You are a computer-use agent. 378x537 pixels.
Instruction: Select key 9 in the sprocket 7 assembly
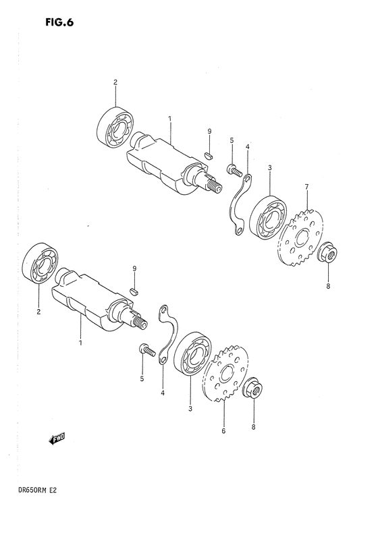[209, 154]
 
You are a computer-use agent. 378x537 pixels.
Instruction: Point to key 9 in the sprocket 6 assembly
[134, 291]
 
